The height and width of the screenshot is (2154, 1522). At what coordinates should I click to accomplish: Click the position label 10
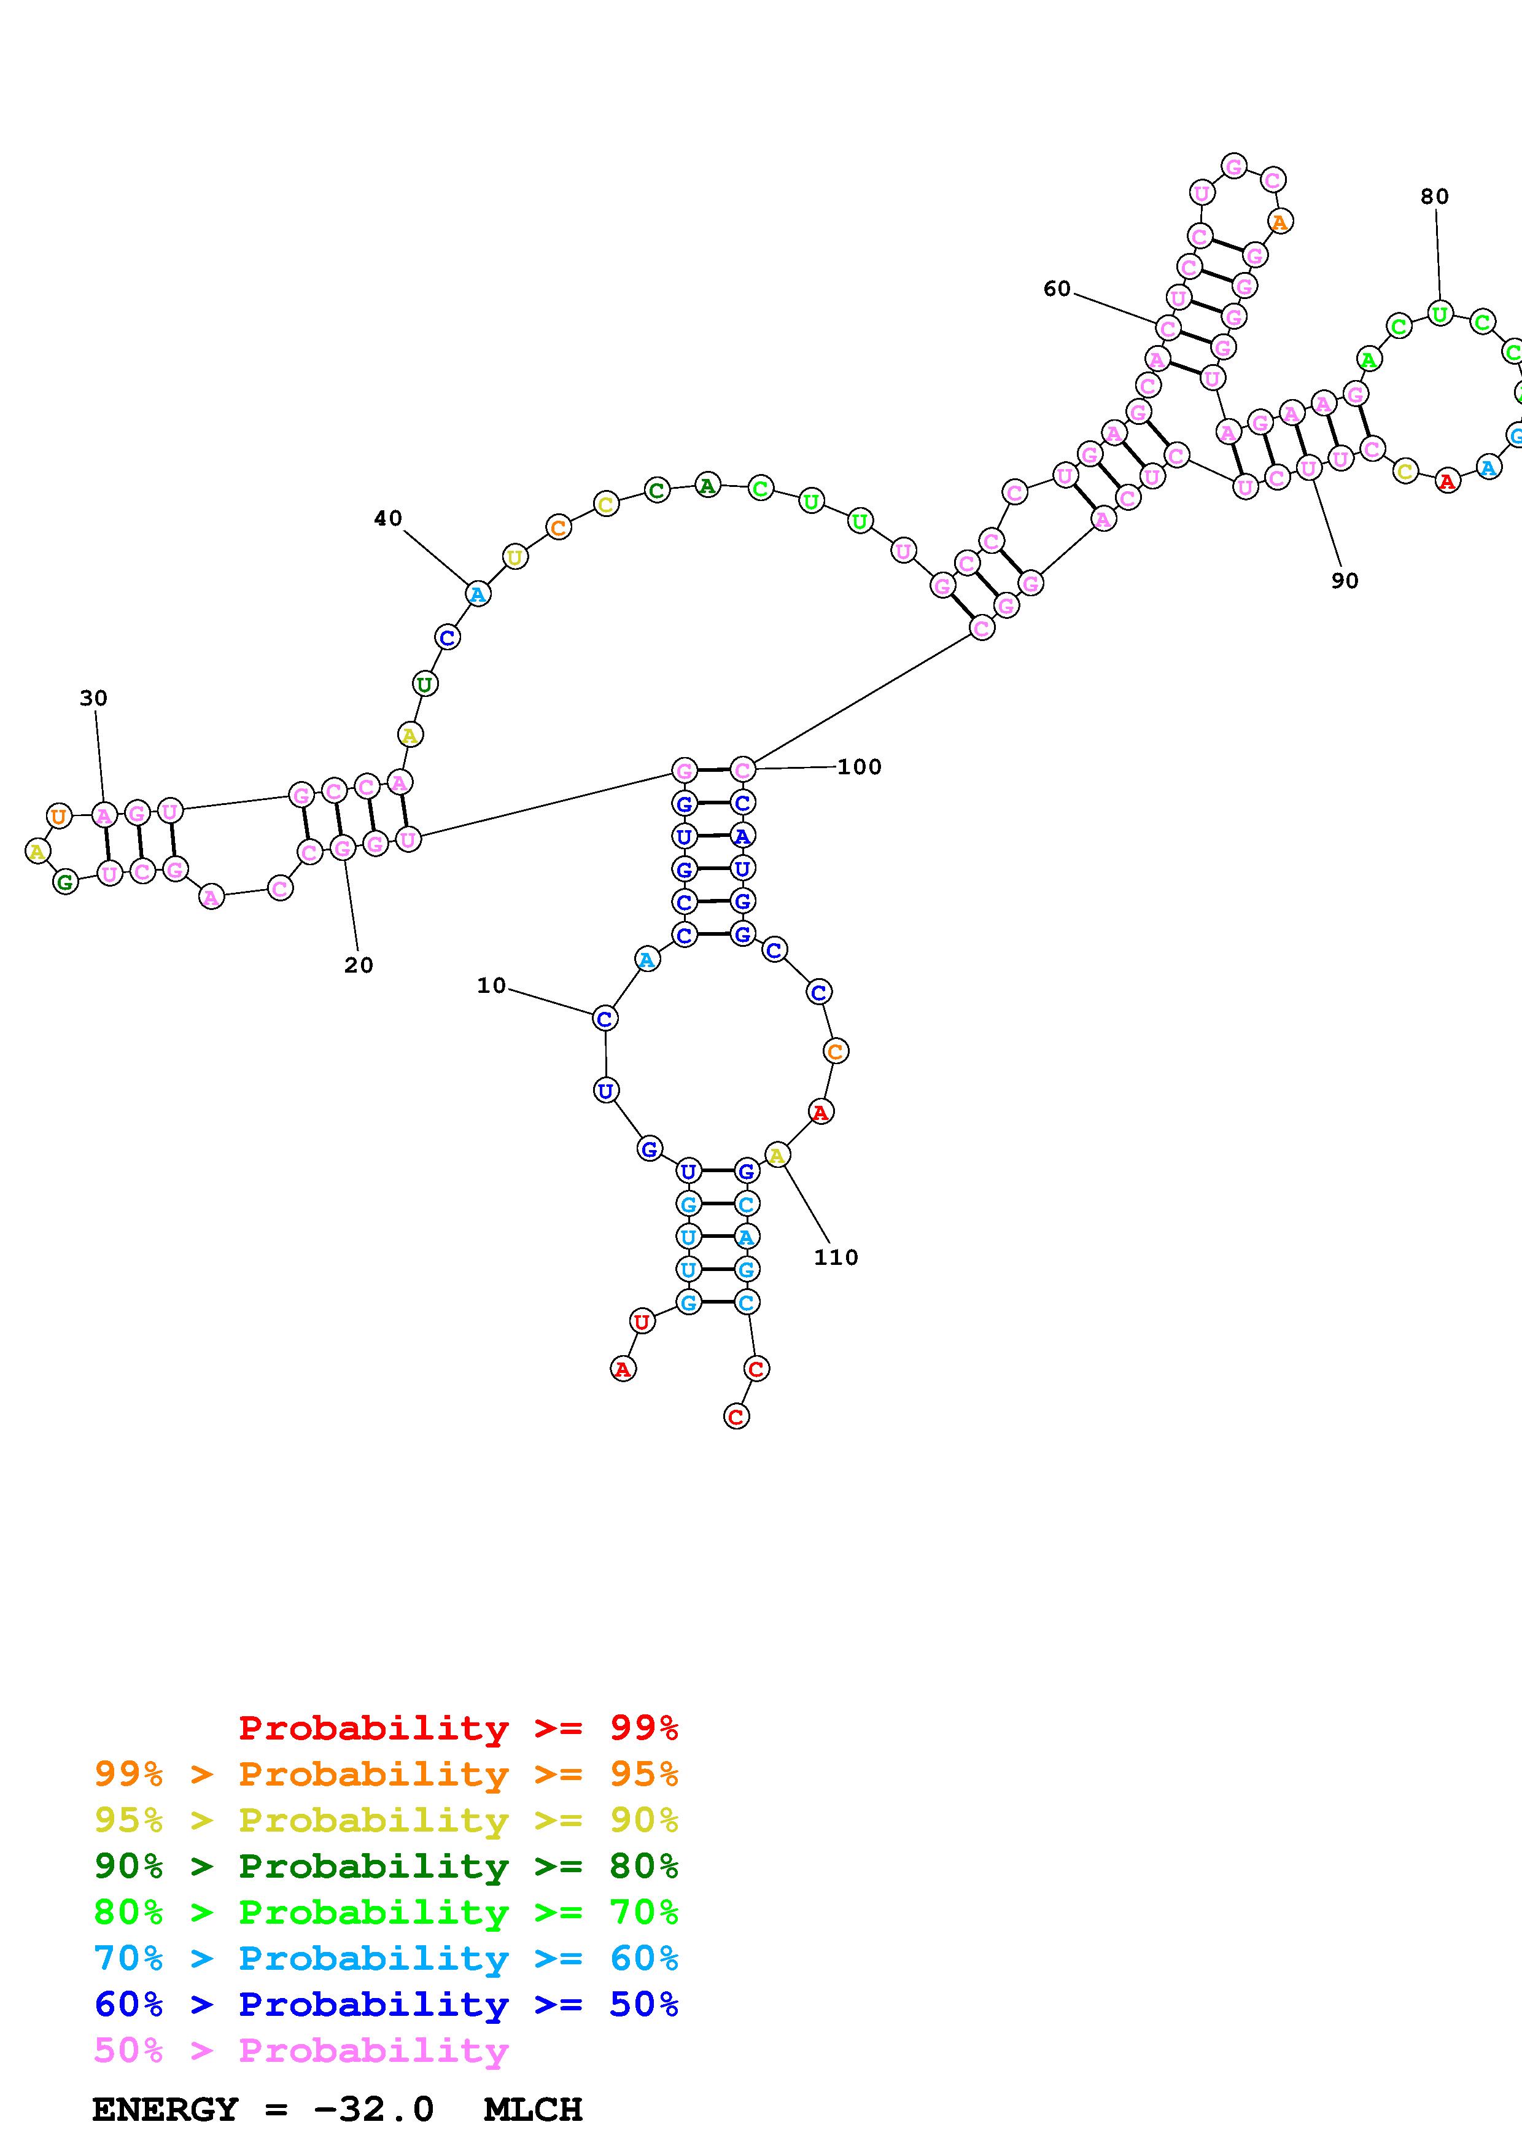[491, 985]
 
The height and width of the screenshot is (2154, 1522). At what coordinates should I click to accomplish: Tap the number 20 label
[358, 965]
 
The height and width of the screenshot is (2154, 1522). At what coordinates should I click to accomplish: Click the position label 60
[1057, 289]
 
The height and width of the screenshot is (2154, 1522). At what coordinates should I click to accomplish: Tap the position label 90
[1345, 581]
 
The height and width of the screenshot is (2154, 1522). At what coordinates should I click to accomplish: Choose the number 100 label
[859, 766]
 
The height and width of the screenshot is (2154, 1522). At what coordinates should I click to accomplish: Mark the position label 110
[836, 1257]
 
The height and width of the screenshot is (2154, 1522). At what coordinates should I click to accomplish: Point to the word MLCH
[533, 2110]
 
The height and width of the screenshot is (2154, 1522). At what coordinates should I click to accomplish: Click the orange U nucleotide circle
[59, 816]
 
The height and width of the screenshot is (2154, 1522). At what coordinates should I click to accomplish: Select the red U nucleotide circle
[642, 1322]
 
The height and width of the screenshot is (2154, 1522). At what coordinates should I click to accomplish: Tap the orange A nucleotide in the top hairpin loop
[1280, 222]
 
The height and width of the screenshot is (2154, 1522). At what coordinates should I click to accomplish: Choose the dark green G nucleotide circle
[64, 882]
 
